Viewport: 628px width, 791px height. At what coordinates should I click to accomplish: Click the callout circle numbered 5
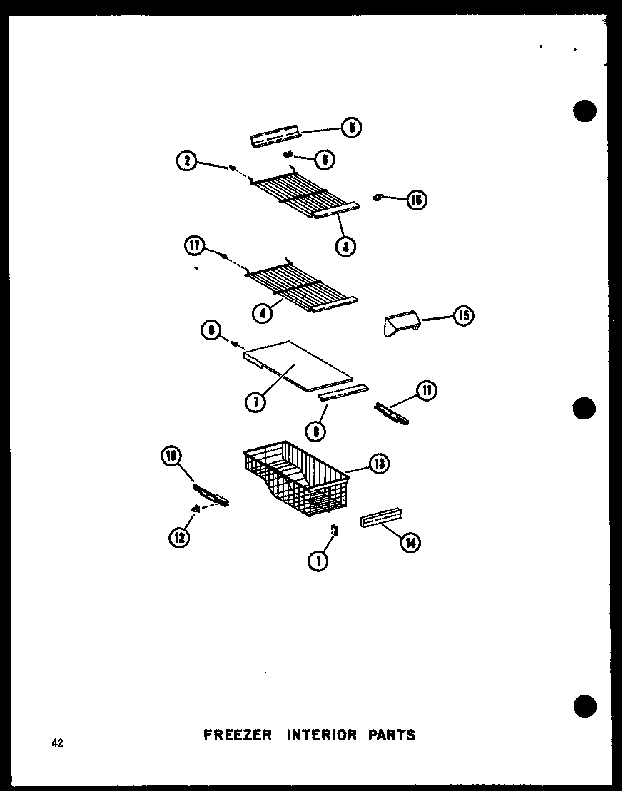coord(351,128)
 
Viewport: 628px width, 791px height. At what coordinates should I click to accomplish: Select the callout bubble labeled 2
coord(187,162)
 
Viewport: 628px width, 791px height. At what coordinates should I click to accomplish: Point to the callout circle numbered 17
coord(194,247)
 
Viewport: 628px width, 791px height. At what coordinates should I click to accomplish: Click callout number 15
coord(464,315)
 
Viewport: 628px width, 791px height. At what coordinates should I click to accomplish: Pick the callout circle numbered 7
coord(255,402)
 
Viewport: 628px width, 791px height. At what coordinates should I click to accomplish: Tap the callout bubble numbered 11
coord(427,390)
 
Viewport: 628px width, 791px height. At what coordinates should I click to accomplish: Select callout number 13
coord(379,464)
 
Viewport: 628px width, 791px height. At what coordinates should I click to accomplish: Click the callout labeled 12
coord(179,537)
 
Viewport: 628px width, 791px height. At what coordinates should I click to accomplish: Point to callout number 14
coord(410,544)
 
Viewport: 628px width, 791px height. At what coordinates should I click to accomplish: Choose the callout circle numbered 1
coord(318,561)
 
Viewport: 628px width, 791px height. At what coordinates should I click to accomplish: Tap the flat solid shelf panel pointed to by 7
coord(300,365)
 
